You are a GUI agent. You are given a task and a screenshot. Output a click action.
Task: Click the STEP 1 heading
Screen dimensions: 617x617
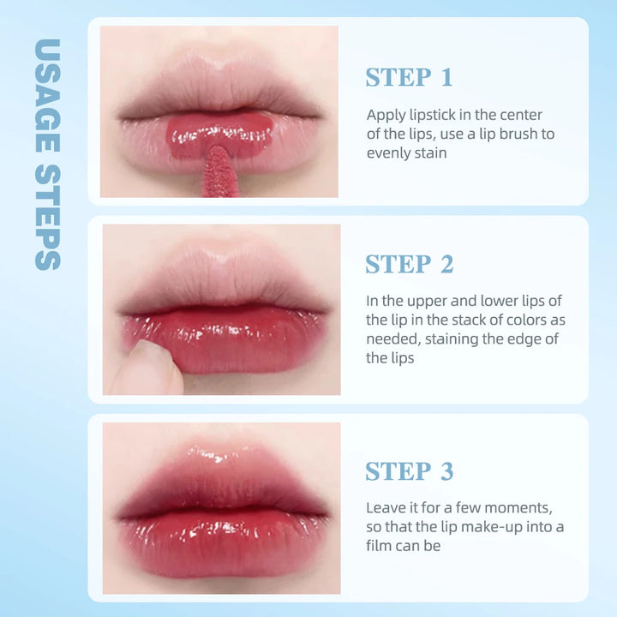tap(409, 77)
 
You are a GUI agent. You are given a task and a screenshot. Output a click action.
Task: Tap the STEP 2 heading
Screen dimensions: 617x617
tap(409, 265)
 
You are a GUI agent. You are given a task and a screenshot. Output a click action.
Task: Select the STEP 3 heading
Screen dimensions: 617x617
tap(409, 471)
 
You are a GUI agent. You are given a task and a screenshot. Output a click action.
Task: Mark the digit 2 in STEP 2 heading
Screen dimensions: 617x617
tap(446, 265)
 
